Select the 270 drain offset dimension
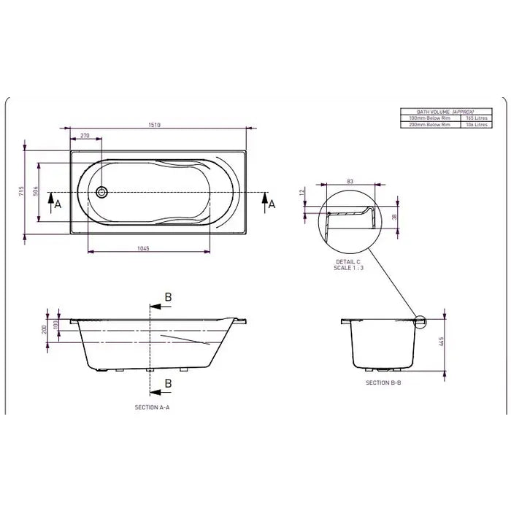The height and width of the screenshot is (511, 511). pos(85,136)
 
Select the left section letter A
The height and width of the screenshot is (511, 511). pos(58,205)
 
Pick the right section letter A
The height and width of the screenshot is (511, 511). pos(272,205)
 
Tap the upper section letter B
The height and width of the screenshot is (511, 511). pos(167,296)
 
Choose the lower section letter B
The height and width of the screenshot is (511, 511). pos(167,383)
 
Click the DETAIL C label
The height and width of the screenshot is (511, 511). pos(347,261)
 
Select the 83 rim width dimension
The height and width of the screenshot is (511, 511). pos(350,180)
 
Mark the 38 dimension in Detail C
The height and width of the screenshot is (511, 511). pos(395,217)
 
